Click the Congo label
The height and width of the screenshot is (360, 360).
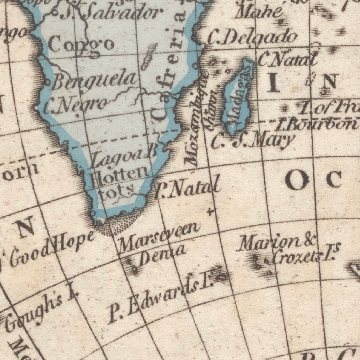click(x=81, y=45)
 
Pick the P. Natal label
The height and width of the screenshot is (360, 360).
click(x=187, y=190)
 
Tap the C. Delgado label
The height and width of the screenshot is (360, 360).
click(x=252, y=37)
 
